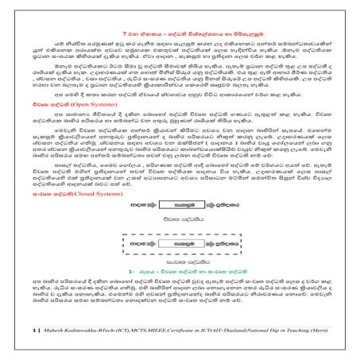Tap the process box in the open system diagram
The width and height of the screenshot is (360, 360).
tap(181, 203)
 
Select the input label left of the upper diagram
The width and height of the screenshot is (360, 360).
tap(136, 203)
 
